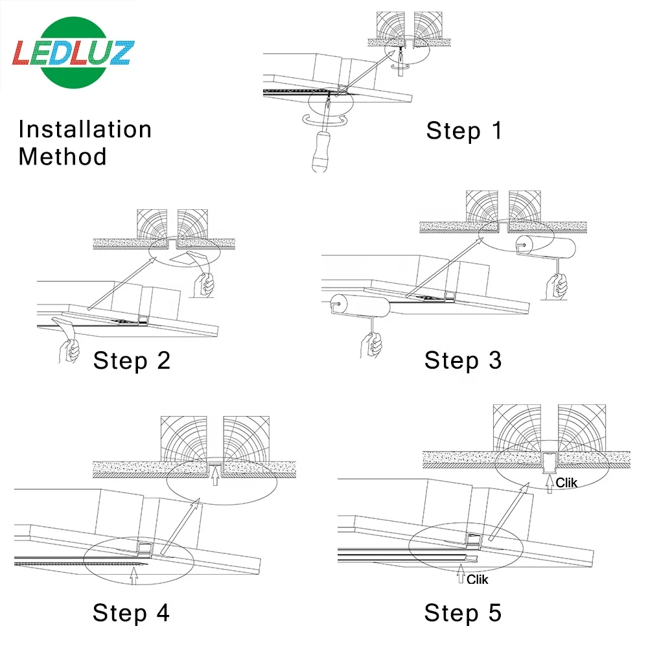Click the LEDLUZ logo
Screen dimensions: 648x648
(73, 52)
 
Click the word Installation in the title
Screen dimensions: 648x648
(85, 130)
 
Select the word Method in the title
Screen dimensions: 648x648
(62, 157)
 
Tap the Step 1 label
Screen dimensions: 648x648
(464, 131)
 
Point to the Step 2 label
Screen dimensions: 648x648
(132, 360)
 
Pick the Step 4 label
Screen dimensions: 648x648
(131, 612)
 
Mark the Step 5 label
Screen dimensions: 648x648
(463, 612)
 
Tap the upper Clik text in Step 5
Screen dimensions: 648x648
(566, 483)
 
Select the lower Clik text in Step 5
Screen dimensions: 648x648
(478, 579)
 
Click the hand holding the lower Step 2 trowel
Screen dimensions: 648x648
(69, 351)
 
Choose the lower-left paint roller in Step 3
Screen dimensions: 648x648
(360, 305)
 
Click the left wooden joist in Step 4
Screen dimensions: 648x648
(184, 439)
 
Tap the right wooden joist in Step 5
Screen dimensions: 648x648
(582, 428)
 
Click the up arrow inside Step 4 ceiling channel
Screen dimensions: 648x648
(215, 476)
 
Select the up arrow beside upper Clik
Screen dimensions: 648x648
(550, 484)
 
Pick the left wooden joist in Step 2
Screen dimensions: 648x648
(152, 224)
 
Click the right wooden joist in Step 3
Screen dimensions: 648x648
(525, 206)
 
